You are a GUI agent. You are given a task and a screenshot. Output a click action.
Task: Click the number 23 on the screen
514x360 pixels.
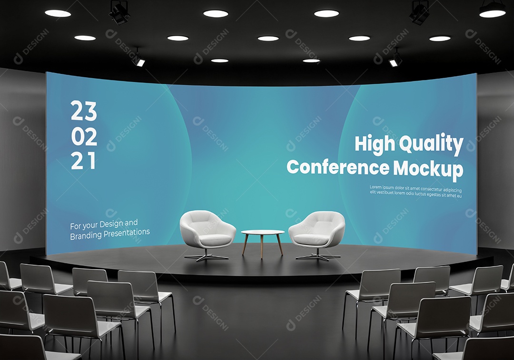[x=84, y=111]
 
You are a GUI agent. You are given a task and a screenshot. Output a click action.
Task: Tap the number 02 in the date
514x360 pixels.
[x=84, y=137]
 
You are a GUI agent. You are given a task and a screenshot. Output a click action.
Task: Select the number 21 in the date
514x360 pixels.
[x=83, y=161]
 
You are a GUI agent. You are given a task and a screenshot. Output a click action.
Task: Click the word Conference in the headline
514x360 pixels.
[x=337, y=168]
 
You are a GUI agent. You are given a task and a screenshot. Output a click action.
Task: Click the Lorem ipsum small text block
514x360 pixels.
[x=415, y=191]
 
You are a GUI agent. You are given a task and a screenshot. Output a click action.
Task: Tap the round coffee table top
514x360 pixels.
[x=263, y=233]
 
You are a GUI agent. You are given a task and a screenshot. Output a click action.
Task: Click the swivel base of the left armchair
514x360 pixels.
[x=206, y=257]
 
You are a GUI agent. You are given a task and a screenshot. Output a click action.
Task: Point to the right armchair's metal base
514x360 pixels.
[x=318, y=257]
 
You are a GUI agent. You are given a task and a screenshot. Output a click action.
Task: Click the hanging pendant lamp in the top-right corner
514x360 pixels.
[x=492, y=9]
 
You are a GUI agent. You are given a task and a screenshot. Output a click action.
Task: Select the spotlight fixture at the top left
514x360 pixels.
[x=119, y=12]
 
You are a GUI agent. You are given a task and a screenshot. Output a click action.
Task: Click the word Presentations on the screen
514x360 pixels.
[x=128, y=233]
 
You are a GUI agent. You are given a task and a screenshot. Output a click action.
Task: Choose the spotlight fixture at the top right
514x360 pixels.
[x=419, y=12]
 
